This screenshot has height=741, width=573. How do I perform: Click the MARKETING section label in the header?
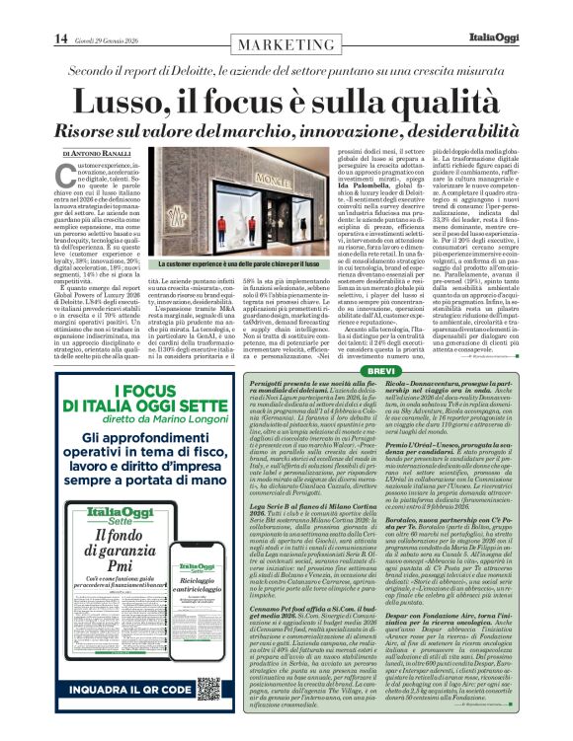point(287,45)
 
